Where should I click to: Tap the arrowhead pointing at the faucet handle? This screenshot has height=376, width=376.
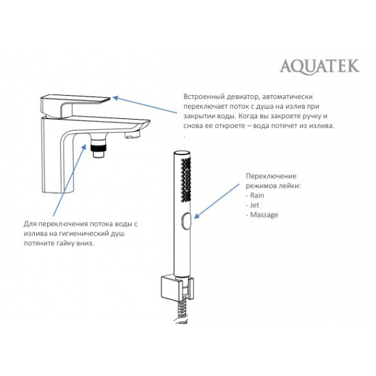point(116,98)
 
